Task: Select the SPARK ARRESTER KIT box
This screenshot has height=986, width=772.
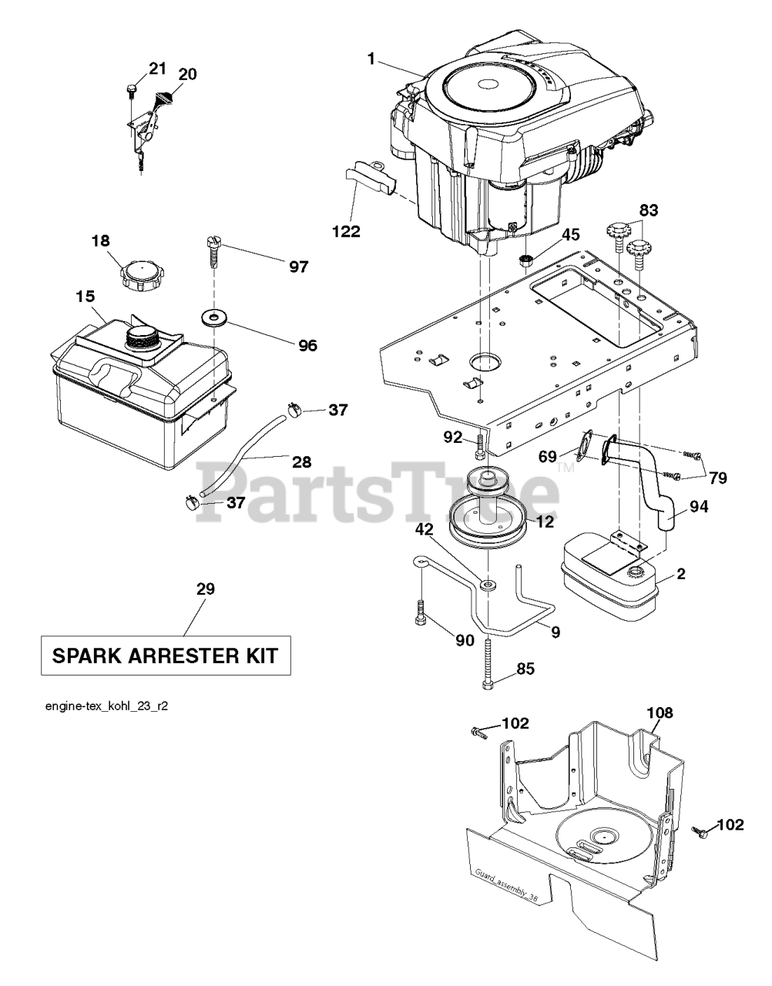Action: point(166,656)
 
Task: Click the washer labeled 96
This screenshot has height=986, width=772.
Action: point(210,317)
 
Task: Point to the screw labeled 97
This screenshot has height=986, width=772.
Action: point(213,250)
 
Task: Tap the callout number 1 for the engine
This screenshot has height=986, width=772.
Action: point(372,59)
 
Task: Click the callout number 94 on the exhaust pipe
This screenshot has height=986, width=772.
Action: point(699,506)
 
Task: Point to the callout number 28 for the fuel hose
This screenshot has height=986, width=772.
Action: point(301,462)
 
